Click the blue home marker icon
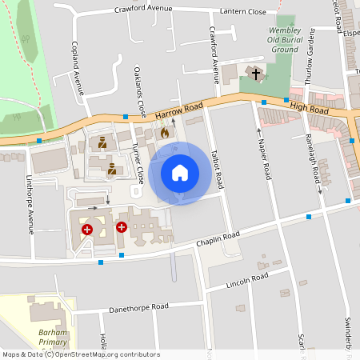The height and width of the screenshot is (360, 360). click(x=180, y=173)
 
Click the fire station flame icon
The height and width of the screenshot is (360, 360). click(x=165, y=133)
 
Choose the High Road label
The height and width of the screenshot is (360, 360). click(x=310, y=106)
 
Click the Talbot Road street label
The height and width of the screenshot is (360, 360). click(x=217, y=168)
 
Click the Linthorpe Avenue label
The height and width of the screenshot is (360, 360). click(x=30, y=204)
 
